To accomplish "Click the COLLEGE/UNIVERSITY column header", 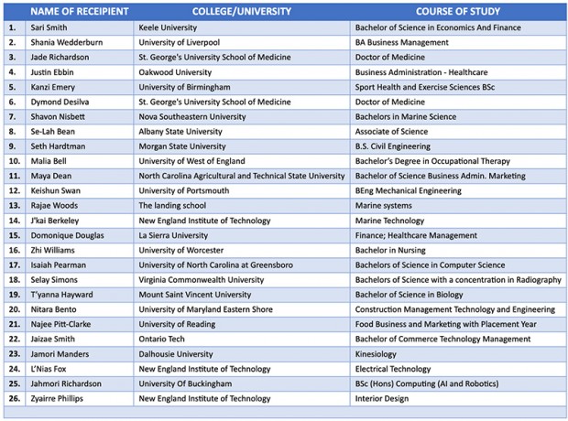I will [x=242, y=11].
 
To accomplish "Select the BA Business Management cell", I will [x=402, y=42].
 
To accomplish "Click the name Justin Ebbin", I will [x=53, y=72].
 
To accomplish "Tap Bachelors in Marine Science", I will [x=406, y=116].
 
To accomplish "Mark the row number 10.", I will [x=13, y=161].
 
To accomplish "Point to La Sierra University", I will [x=173, y=235].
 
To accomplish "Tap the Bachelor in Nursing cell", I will [x=391, y=250].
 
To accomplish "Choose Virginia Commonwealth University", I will [x=201, y=279].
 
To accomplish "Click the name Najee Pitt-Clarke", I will [x=60, y=324].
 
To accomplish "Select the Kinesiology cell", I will [x=376, y=354].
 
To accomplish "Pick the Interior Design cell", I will [x=384, y=399].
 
